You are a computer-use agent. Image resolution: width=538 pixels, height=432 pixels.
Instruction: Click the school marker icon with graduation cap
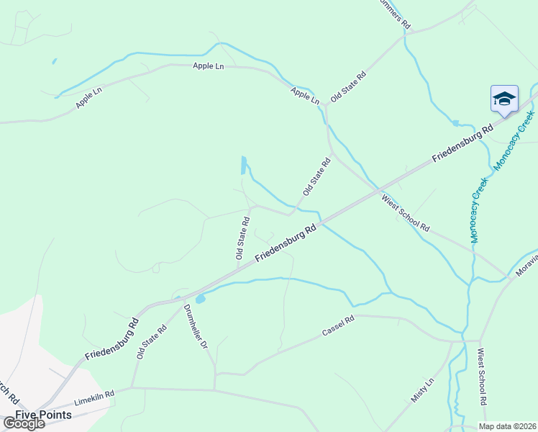click(504, 99)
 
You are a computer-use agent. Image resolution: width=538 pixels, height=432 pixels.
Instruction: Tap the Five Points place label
click(44, 415)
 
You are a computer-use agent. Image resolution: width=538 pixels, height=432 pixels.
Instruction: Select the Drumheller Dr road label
click(195, 327)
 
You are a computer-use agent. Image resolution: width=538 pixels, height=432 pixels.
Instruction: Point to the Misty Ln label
click(423, 390)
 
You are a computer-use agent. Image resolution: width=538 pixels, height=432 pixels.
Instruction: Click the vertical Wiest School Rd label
click(483, 378)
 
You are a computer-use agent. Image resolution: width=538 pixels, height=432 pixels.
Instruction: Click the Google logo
click(23, 423)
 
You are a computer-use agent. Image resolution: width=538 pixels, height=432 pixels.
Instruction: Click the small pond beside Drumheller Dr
click(200, 297)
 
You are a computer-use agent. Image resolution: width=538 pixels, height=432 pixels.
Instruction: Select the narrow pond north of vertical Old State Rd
click(244, 166)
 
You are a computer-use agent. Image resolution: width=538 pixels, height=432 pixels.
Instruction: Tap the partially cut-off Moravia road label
click(526, 266)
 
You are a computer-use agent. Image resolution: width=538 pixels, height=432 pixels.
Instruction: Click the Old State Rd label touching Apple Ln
click(348, 86)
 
